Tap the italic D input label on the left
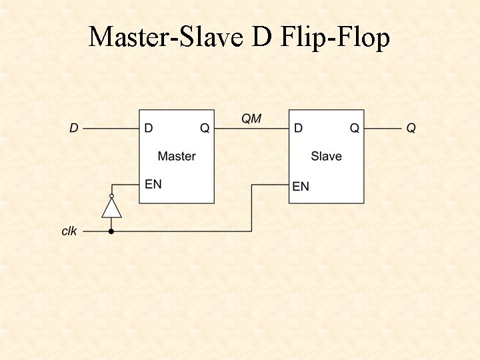coord(73,128)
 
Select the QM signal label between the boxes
coord(251,119)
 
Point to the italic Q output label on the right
coord(411,128)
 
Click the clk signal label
coord(69,231)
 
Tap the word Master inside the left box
coord(177,156)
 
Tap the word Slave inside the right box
coord(326,156)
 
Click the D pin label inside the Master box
coord(148,128)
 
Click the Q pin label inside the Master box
coord(205,128)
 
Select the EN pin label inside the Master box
coord(153,183)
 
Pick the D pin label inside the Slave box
coord(298,128)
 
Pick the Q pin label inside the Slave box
coord(355,128)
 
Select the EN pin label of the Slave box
coord(301,186)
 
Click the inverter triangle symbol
coord(111,209)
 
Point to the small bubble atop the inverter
coord(111,196)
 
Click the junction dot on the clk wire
coord(111,231)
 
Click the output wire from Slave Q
coord(383,128)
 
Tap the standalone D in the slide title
coord(262,37)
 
